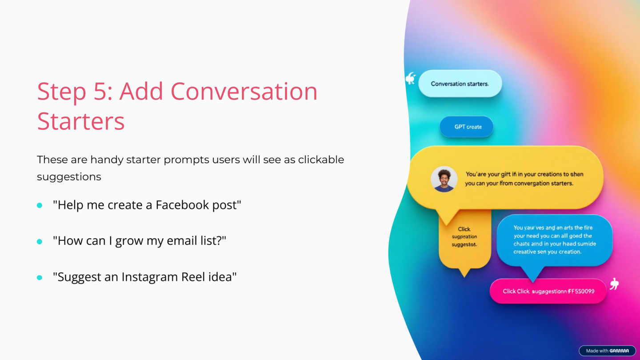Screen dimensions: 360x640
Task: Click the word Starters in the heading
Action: pyautogui.click(x=80, y=121)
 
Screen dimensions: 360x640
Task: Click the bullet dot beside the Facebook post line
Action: pyautogui.click(x=40, y=205)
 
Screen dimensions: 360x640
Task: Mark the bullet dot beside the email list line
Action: pyautogui.click(x=40, y=241)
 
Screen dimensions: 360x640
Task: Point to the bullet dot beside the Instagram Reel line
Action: pyautogui.click(x=40, y=277)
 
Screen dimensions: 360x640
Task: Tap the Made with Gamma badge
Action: pyautogui.click(x=607, y=351)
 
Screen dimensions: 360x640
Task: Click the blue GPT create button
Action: pyautogui.click(x=467, y=127)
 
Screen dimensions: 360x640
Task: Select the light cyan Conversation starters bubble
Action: pyautogui.click(x=460, y=84)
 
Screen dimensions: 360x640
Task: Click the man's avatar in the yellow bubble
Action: pyautogui.click(x=444, y=179)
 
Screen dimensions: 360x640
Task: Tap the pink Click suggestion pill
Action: pyautogui.click(x=548, y=291)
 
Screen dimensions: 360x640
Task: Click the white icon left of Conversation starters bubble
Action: pyautogui.click(x=410, y=79)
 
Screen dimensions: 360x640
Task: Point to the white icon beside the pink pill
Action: pyautogui.click(x=615, y=284)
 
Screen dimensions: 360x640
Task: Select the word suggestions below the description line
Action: pyautogui.click(x=69, y=177)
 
